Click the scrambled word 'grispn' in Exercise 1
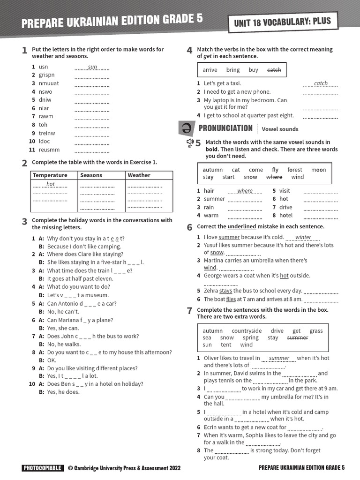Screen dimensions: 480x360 coord(46,75)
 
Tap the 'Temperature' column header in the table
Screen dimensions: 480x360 coord(50,175)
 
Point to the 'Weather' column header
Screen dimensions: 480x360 coord(139,175)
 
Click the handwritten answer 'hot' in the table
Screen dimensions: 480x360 coord(51,184)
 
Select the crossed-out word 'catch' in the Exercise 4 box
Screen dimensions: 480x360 coord(274,70)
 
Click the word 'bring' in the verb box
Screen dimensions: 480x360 coord(232,70)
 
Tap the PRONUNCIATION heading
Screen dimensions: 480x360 coord(225,128)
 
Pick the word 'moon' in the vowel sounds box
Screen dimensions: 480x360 coord(318,170)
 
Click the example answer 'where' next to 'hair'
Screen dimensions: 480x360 coord(245,191)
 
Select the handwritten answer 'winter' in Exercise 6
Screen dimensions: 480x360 coord(303,237)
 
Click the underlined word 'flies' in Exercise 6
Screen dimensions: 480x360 coord(231,299)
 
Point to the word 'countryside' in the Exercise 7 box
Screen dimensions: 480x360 coord(247,331)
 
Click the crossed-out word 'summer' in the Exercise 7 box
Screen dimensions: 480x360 coord(297,337)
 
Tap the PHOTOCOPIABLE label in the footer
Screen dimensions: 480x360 coord(42,468)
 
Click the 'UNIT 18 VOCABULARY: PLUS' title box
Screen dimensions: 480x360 coord(282,21)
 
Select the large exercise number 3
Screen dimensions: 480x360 coord(24,221)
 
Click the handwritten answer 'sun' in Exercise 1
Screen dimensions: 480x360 coord(92,67)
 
